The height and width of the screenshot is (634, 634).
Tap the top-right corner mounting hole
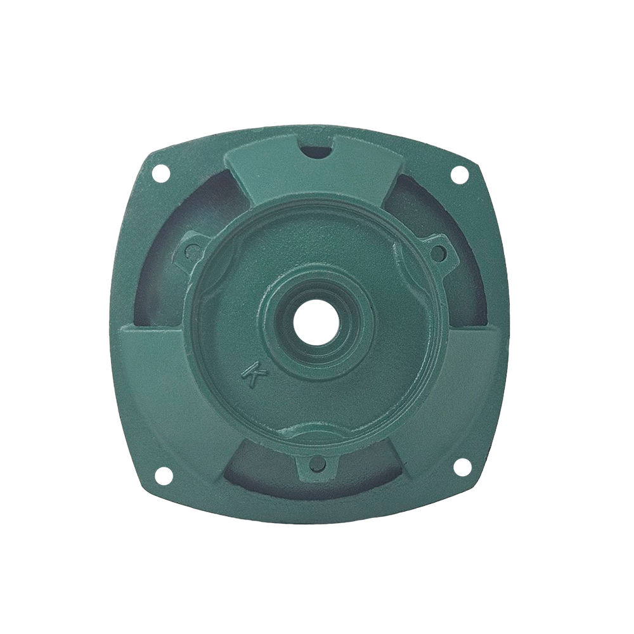[x=460, y=176]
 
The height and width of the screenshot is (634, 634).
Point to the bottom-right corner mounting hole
[x=460, y=466]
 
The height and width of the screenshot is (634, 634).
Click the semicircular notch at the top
[x=317, y=149]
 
